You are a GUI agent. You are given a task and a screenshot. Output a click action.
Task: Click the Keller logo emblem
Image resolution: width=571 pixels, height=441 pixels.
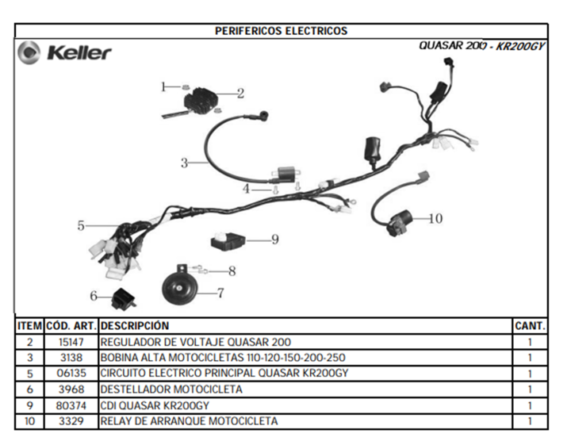pyautogui.click(x=29, y=53)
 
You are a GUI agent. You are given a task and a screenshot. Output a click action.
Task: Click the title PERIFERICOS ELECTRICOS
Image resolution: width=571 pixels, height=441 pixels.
pyautogui.click(x=281, y=31)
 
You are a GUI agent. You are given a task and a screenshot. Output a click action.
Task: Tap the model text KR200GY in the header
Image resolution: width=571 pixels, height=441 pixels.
pyautogui.click(x=521, y=46)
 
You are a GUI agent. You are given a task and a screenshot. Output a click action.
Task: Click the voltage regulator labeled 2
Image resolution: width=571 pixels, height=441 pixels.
pyautogui.click(x=201, y=99)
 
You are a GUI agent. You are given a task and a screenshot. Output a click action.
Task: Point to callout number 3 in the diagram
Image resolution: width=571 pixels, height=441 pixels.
pyautogui.click(x=184, y=163)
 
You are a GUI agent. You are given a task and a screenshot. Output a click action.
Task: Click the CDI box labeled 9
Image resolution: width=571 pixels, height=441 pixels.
pyautogui.click(x=228, y=241)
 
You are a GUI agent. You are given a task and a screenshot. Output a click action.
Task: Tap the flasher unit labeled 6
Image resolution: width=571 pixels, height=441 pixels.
pyautogui.click(x=124, y=299)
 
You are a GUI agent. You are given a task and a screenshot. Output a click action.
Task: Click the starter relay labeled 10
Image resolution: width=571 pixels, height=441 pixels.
pyautogui.click(x=400, y=222)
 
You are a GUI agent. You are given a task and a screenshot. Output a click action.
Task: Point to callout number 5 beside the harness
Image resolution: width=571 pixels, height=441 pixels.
pyautogui.click(x=81, y=226)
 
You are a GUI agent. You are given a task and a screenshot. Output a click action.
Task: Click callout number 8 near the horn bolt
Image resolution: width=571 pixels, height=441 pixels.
pyautogui.click(x=232, y=271)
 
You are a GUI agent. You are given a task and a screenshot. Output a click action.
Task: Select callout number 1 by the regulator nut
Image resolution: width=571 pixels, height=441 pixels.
pyautogui.click(x=163, y=87)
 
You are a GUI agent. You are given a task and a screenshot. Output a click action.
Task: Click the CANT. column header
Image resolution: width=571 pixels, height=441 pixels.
pyautogui.click(x=530, y=326)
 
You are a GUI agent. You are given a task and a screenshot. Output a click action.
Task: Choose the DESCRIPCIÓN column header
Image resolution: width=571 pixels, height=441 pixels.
pyautogui.click(x=135, y=326)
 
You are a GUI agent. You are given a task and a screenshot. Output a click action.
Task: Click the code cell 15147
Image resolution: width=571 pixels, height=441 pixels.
pyautogui.click(x=71, y=343)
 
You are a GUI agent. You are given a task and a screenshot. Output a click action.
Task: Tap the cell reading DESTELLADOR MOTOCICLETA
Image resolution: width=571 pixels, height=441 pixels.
pyautogui.click(x=171, y=389)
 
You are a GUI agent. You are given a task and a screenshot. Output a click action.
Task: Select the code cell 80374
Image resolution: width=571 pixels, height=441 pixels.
pyautogui.click(x=71, y=405)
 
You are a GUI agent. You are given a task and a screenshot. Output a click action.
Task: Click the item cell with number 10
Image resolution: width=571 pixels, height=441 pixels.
pyautogui.click(x=30, y=421)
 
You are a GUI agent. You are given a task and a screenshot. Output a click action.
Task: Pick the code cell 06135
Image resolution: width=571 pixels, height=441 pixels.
pyautogui.click(x=71, y=374)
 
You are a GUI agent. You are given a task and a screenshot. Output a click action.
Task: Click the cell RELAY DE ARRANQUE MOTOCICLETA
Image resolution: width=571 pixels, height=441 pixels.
pyautogui.click(x=189, y=421)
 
